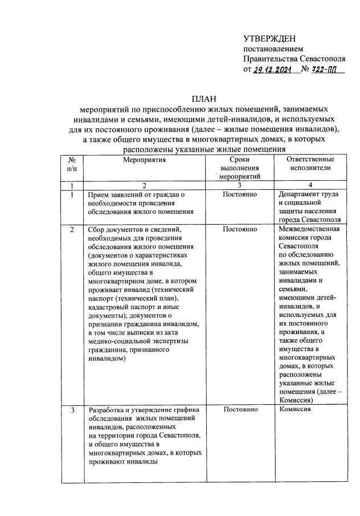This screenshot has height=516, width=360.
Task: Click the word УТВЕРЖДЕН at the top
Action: pos(269,39)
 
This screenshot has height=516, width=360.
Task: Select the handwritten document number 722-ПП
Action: pos(320,70)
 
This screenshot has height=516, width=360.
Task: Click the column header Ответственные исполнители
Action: pos(310,164)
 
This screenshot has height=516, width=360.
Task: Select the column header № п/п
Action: pos(72,164)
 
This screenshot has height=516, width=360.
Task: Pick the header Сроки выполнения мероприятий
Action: pos(240,169)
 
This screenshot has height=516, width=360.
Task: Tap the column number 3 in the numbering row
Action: pos(240,186)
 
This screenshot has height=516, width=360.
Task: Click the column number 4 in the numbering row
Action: pos(310,186)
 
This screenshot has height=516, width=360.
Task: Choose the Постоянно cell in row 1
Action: pos(240,195)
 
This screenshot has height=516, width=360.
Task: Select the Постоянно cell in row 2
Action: pos(240,229)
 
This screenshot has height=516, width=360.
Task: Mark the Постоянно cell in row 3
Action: pos(240,410)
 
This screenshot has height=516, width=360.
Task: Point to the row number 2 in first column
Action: pos(72,229)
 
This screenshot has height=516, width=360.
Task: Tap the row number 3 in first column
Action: pos(72,410)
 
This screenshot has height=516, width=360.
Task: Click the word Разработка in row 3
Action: pos(107,410)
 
